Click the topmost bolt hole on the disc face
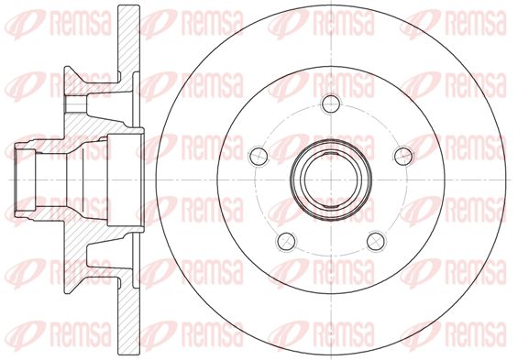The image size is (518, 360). (x=331, y=104)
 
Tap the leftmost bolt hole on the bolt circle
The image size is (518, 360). (x=259, y=156)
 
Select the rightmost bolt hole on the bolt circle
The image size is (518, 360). (x=403, y=156)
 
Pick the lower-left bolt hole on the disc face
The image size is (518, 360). (x=286, y=241)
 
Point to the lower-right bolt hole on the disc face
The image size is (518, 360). (x=376, y=241)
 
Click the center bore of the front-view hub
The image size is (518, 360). (x=331, y=180)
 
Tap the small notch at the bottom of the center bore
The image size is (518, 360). (x=331, y=208)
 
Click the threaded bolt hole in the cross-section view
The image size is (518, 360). (x=76, y=104)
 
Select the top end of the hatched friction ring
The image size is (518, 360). (x=129, y=6)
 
